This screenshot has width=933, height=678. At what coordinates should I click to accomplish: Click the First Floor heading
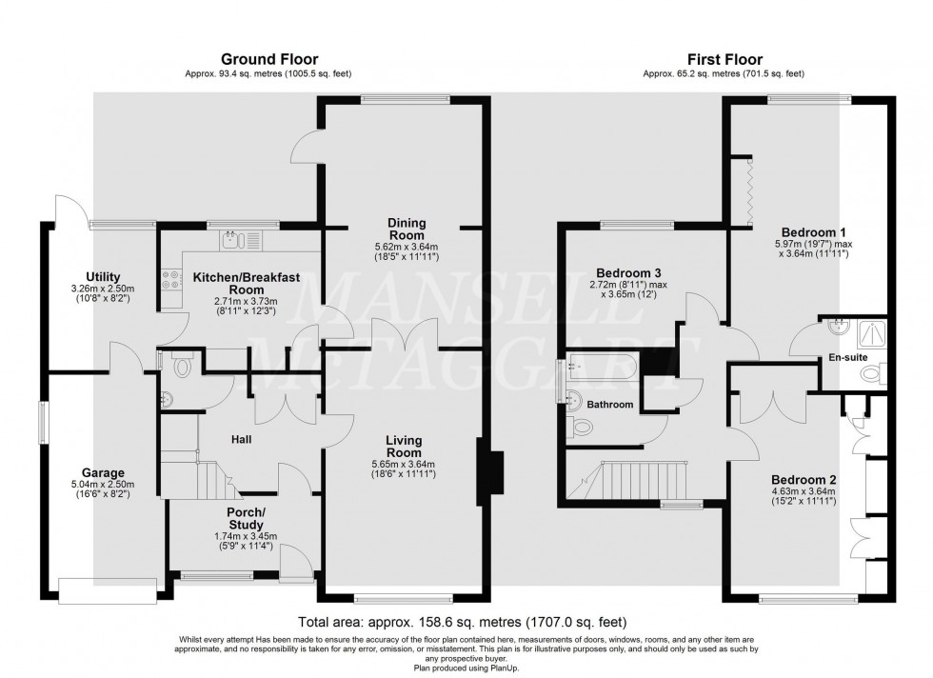click(x=723, y=59)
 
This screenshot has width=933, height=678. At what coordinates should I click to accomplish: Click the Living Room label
click(x=404, y=447)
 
